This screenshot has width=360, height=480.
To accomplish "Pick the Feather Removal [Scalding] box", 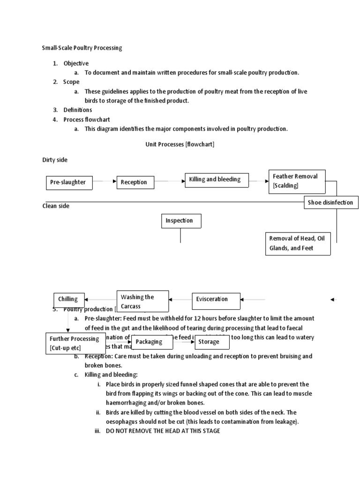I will coord(297,180).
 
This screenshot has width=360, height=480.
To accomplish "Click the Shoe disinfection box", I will coord(331,202).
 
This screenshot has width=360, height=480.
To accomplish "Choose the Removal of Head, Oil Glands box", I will coord(298,243).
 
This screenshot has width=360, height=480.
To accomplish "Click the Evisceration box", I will coord(216,299).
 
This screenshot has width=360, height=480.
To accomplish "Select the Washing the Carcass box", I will coord(142,301).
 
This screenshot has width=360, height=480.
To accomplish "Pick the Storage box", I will coord(212,342).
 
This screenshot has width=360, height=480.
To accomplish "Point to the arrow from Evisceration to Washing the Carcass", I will coord(180,299).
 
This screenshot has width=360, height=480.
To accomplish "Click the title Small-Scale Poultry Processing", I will coord(82,48).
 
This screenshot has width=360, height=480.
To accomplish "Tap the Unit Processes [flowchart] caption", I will coord(180,144).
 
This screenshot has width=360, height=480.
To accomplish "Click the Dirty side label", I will coord(55,160).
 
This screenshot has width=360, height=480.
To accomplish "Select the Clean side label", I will coord(56,206).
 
